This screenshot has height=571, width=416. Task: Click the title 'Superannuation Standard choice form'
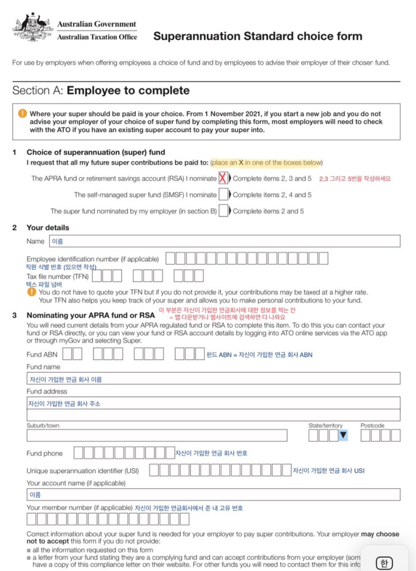point(258,36)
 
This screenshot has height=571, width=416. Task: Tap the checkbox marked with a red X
point(223,179)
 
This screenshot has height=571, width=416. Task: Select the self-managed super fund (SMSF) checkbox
point(223,195)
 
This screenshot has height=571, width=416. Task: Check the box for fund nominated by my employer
point(223,211)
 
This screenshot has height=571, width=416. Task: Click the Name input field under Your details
point(225,241)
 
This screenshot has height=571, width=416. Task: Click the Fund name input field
point(213,379)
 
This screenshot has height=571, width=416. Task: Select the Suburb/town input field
point(157,436)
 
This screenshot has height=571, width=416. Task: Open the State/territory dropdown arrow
point(343,435)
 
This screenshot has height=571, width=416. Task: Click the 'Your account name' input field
point(213,495)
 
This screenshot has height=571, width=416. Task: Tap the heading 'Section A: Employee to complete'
point(101,91)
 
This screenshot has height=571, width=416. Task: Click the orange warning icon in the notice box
point(22,113)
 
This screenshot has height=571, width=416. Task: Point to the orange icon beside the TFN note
point(31,292)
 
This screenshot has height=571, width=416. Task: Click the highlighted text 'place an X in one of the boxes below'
point(267,162)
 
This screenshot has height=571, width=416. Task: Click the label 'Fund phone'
point(45,453)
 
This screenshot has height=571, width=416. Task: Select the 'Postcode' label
point(372,425)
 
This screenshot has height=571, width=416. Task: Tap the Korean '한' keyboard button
point(384,562)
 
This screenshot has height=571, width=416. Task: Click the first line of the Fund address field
point(213,403)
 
